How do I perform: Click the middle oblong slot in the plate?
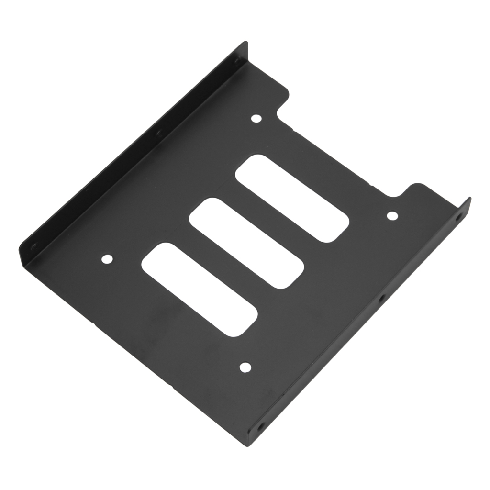pos(247,244)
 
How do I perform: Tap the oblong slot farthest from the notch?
pos(200,289)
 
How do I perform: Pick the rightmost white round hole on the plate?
pos(392,216)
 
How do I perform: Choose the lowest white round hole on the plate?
pos(245,367)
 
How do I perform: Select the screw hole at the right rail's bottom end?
pos(261,425)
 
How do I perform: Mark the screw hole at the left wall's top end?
pos(236,61)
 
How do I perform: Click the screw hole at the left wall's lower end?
pos(33,246)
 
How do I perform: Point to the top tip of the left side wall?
pos(246,42)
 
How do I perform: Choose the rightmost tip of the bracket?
pos(471,198)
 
